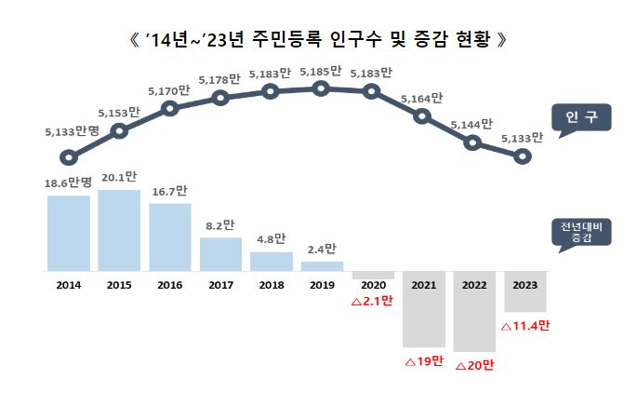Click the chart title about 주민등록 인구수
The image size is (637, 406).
318,40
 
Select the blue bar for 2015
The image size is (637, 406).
119,230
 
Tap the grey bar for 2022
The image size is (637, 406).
474,312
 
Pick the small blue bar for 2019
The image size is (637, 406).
322,266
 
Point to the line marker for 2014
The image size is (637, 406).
68,157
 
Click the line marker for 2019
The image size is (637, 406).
321,88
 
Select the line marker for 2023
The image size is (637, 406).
524,156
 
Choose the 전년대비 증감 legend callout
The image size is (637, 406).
578,234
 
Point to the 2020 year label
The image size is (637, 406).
372,284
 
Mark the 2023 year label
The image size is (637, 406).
524,284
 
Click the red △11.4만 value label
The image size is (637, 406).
525,327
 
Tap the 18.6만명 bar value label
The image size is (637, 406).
68,185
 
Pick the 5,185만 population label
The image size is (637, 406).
321,70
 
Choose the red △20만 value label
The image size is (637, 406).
474,365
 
